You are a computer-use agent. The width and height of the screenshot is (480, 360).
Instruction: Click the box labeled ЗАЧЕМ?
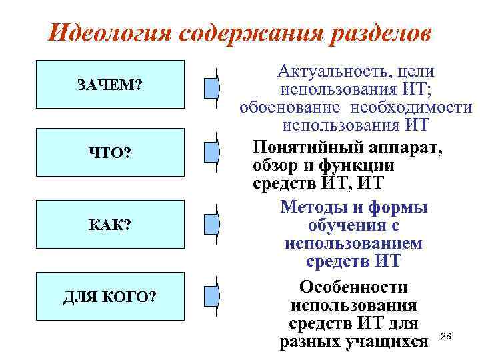point(110,85)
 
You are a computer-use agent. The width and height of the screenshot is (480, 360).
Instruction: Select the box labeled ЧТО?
point(110,153)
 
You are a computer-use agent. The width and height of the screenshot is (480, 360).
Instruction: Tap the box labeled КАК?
point(110,224)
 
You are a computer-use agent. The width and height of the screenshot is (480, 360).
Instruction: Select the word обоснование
point(287,107)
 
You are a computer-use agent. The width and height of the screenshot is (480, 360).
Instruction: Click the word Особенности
point(353,287)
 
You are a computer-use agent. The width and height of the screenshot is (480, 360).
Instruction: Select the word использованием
point(353,244)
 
